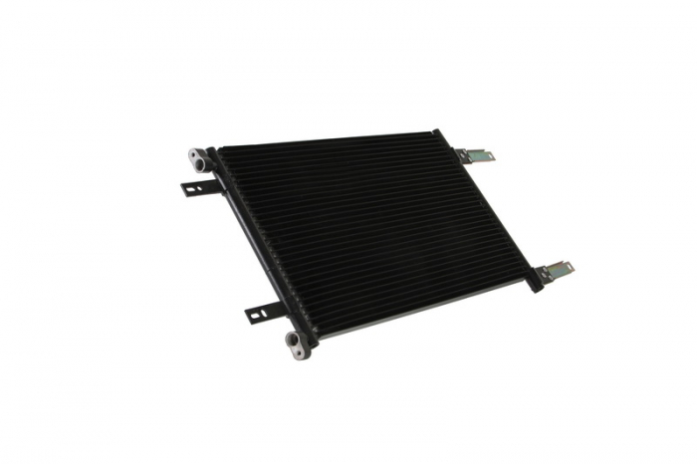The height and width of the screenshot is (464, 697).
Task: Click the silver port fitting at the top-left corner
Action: point(199,157)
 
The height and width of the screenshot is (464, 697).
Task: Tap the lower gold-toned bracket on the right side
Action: point(555,272)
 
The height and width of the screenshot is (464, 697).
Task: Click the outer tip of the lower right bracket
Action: point(570,268)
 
